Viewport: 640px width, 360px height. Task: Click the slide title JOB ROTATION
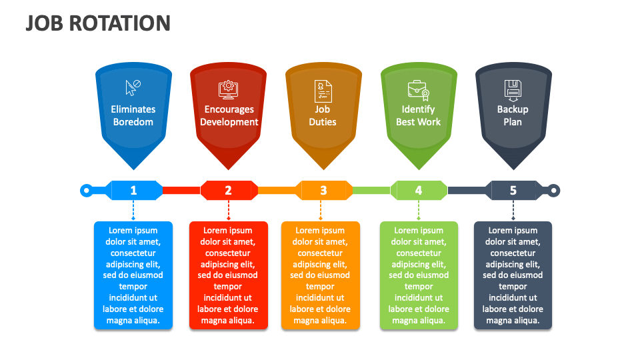coord(98,23)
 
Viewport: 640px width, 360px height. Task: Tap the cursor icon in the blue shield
coord(133,88)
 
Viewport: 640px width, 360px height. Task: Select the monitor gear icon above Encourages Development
coord(228,90)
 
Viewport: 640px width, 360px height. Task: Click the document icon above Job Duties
coord(323,91)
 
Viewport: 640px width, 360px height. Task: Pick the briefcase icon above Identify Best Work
coord(419,90)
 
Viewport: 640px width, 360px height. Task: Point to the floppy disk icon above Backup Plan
coord(513,91)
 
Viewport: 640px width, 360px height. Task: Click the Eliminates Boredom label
coord(133,115)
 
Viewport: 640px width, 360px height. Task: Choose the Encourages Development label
coord(229,115)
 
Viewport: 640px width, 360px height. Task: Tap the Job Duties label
coord(323,115)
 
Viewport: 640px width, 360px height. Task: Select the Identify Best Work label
coord(419,115)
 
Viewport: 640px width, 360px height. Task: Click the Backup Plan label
coord(513,115)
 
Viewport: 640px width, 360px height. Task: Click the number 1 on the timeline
coord(133,191)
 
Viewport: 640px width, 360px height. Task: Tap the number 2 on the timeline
coord(228,191)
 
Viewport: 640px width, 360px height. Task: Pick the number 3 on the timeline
coord(323,191)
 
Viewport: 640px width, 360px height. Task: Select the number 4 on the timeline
coord(419,191)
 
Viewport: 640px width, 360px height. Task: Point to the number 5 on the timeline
coord(513,191)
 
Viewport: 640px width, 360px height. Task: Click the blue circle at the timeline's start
coord(86,191)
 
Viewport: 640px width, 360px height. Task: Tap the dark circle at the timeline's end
coord(553,191)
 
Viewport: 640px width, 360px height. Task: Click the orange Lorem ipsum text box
coord(321,275)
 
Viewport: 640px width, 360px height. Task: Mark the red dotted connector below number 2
coord(229,210)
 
